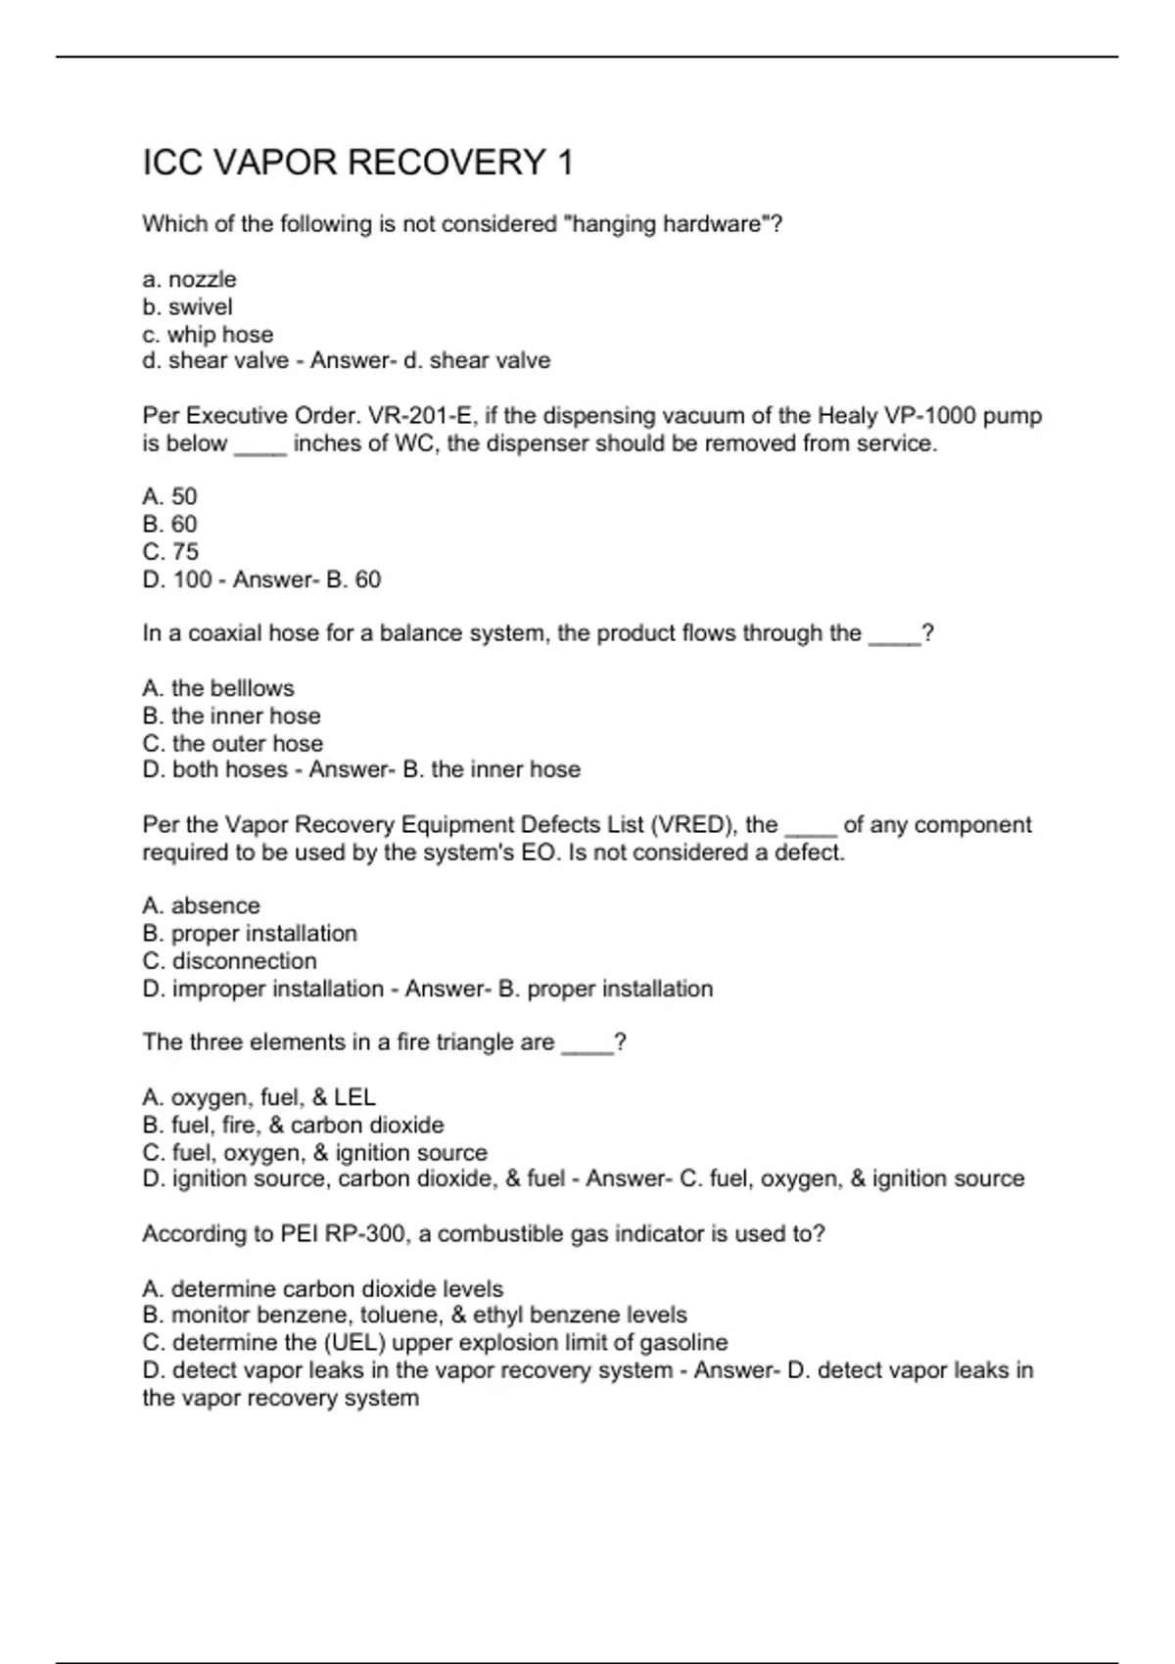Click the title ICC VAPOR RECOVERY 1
pyautogui.click(x=357, y=162)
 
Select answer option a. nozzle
pyautogui.click(x=189, y=280)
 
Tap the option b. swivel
pyautogui.click(x=187, y=307)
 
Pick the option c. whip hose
pyautogui.click(x=208, y=335)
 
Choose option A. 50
pyautogui.click(x=169, y=497)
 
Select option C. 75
pyautogui.click(x=170, y=552)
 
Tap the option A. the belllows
pyautogui.click(x=217, y=689)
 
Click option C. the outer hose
pyautogui.click(x=232, y=744)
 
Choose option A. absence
pyautogui.click(x=201, y=906)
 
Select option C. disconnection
pyautogui.click(x=229, y=961)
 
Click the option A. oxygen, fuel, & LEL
pyautogui.click(x=258, y=1098)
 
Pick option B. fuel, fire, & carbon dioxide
pyautogui.click(x=293, y=1126)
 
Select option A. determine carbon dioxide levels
pyautogui.click(x=322, y=1289)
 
